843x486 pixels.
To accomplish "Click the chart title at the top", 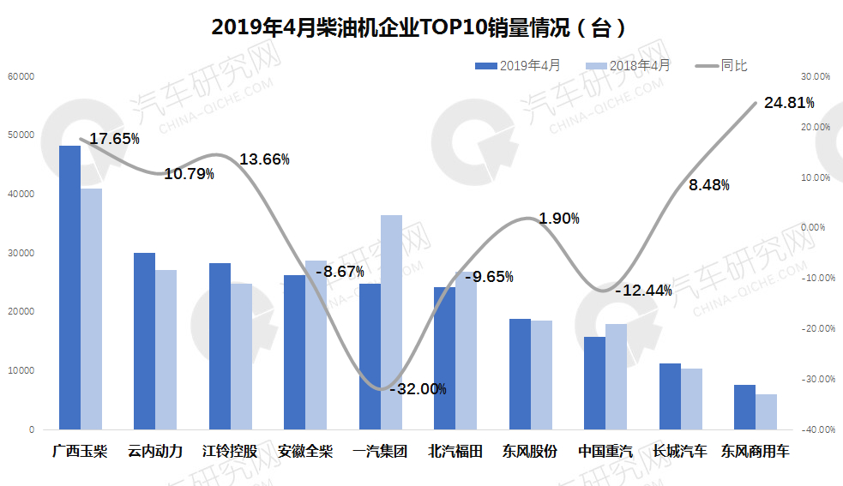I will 421,27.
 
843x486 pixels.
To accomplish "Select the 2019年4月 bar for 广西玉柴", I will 69,287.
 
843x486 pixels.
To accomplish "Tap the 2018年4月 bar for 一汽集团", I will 391,321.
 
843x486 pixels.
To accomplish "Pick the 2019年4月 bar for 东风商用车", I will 745,407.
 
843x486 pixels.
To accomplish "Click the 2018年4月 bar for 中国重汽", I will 617,376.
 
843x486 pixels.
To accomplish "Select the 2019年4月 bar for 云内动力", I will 144,341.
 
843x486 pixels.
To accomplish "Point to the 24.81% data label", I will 788,104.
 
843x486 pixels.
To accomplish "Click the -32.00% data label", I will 418,389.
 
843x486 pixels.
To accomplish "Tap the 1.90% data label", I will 559,219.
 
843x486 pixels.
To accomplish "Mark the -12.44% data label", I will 643,291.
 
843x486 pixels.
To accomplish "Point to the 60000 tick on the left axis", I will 20,76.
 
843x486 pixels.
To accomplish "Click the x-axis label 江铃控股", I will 230,451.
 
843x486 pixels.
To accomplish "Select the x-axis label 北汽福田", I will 455,451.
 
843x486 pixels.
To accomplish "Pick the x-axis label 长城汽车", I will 680,451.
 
